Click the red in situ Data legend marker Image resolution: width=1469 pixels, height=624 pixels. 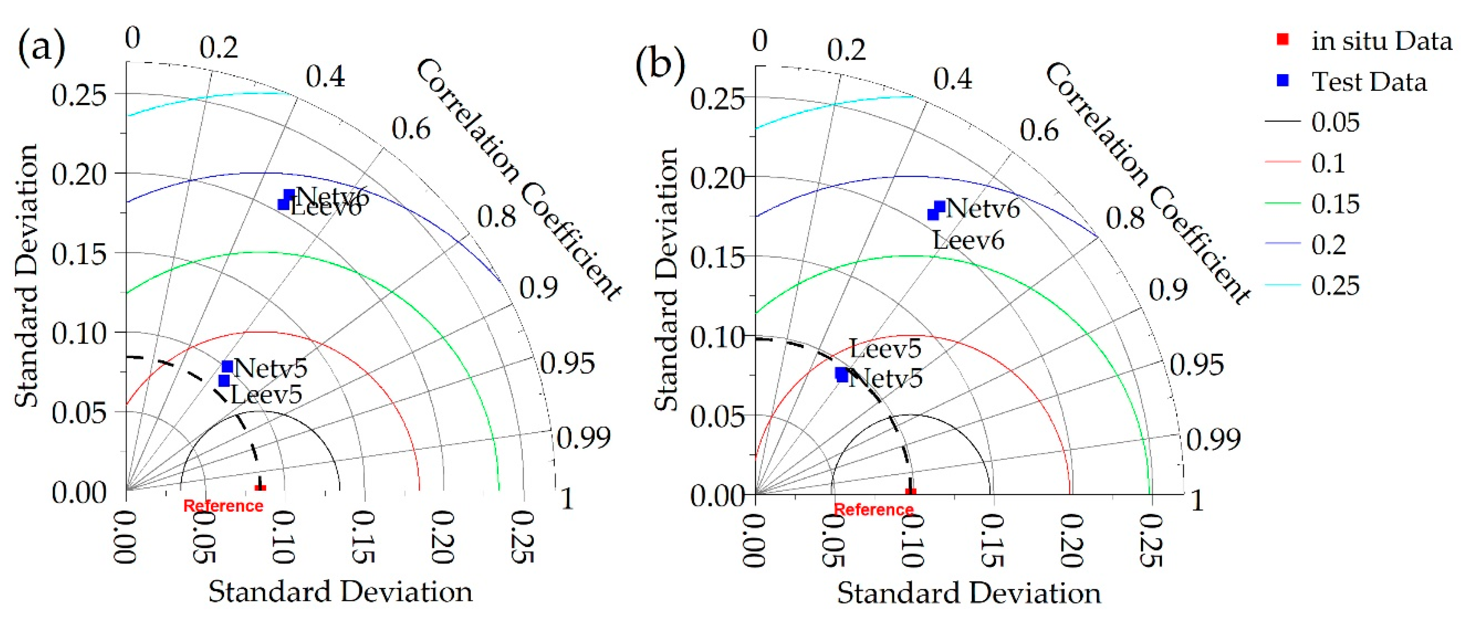pos(1282,39)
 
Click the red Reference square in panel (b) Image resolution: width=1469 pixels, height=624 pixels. pos(911,492)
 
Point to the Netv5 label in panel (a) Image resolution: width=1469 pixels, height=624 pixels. pos(271,368)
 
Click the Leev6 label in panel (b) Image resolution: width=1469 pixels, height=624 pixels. pos(968,240)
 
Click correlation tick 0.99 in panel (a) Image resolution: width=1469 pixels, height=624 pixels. pos(583,438)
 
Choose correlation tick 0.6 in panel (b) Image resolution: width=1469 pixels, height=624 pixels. pos(1039,130)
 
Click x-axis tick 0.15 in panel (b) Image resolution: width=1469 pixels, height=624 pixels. pos(992,540)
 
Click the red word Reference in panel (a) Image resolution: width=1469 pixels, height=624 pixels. pos(223,505)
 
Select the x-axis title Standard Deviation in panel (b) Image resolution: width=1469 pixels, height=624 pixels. pos(968,593)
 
